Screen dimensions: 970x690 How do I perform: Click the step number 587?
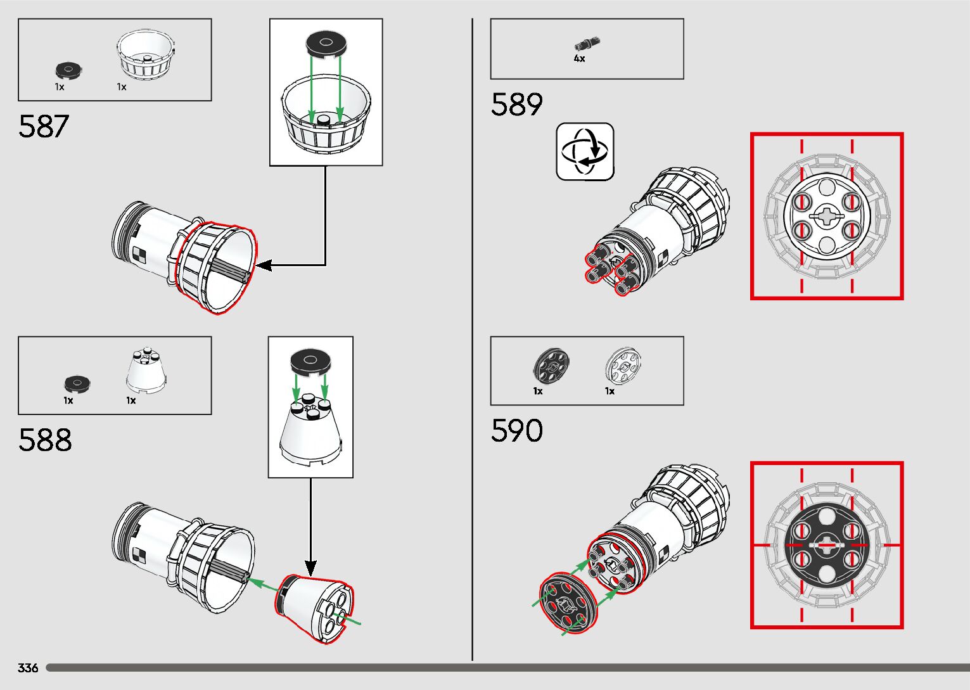[x=43, y=126]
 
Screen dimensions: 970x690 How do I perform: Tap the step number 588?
[x=45, y=440]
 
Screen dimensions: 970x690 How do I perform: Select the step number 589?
[x=516, y=105]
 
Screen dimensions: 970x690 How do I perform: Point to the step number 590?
[x=516, y=431]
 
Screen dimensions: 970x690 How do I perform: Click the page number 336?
[x=28, y=668]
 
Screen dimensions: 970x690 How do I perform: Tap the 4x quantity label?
[x=579, y=58]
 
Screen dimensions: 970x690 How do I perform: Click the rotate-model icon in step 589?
[x=585, y=152]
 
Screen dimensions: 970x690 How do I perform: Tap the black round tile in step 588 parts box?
[x=77, y=383]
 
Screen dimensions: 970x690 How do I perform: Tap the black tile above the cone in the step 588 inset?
[x=310, y=362]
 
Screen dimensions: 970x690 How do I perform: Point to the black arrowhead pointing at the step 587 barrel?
[x=262, y=265]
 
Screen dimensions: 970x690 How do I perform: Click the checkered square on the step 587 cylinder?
[x=139, y=255]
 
